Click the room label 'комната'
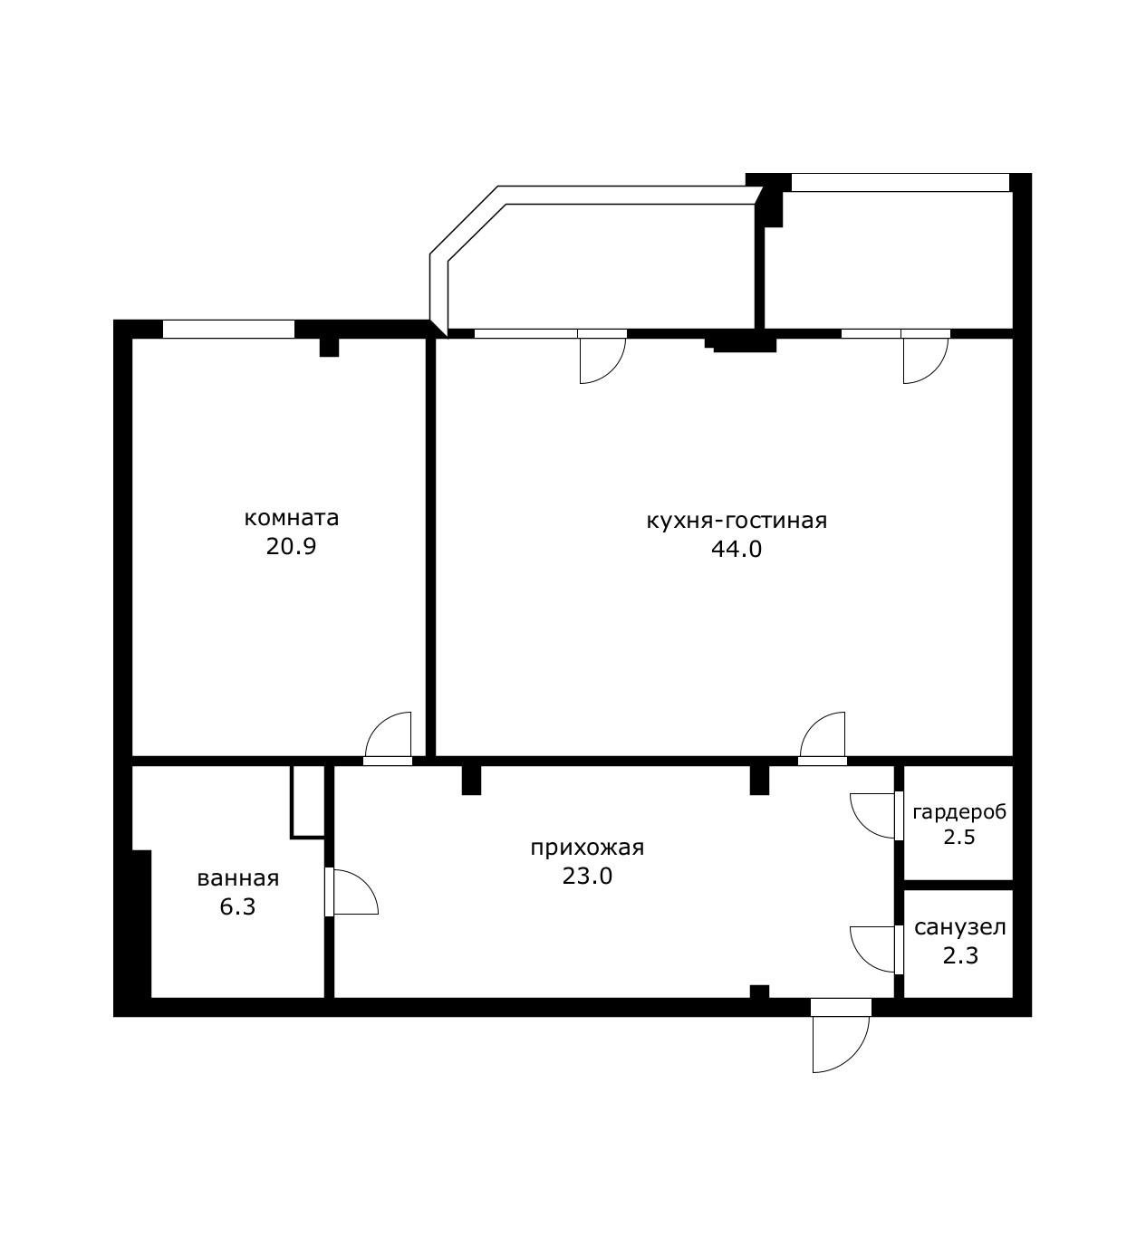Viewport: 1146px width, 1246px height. [292, 518]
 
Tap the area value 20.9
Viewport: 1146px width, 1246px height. [292, 547]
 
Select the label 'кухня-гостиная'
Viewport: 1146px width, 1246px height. [737, 521]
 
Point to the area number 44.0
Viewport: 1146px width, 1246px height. [737, 549]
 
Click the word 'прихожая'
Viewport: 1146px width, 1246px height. [587, 848]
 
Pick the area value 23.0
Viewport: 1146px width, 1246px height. [587, 877]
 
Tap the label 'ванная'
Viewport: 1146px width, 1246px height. [238, 879]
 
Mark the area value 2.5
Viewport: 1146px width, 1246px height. [959, 838]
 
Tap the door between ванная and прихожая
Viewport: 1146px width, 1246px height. [352, 892]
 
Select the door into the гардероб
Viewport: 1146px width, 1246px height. [876, 816]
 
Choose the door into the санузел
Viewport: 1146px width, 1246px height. [876, 949]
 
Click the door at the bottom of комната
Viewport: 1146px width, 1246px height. [388, 739]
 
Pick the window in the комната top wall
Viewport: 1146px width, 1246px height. [228, 329]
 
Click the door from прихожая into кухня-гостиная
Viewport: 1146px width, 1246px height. [823, 739]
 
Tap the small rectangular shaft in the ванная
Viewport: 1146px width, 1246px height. [308, 802]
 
